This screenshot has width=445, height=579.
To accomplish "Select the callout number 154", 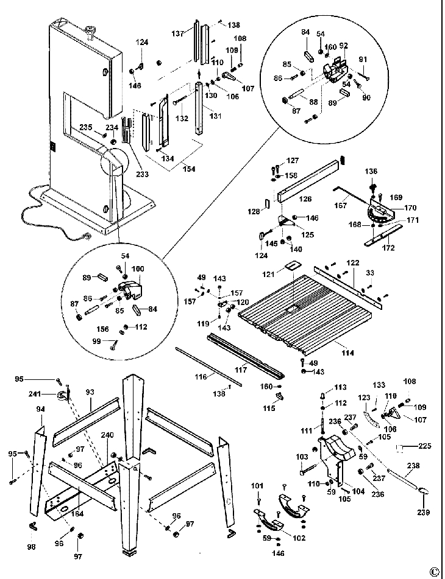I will pyautogui.click(x=189, y=169).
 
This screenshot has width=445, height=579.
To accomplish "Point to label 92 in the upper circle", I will pyautogui.click(x=343, y=45).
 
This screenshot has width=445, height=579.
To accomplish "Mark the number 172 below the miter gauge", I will pyautogui.click(x=388, y=248).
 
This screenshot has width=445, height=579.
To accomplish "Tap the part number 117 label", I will pyautogui.click(x=241, y=369).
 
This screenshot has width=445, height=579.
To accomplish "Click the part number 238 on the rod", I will pyautogui.click(x=415, y=465).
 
